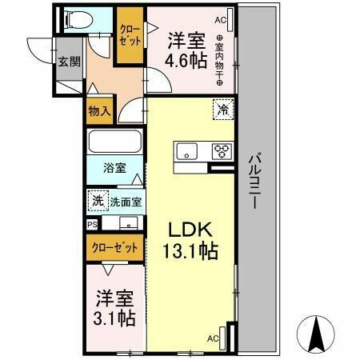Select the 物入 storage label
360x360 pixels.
(x=98, y=111)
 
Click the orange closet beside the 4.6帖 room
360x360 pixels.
(x=128, y=36)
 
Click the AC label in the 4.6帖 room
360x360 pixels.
(x=220, y=19)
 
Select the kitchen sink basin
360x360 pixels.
(x=188, y=150)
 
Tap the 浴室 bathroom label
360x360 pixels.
(x=114, y=168)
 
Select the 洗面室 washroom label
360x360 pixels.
(x=125, y=200)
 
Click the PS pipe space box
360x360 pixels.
(x=92, y=225)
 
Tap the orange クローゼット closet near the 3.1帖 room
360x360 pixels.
(x=115, y=247)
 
